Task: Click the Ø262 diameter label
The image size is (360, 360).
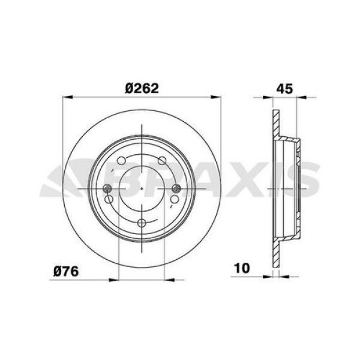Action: pos(142,88)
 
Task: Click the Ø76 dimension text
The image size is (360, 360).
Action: pos(66,271)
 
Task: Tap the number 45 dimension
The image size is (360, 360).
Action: pos(284,89)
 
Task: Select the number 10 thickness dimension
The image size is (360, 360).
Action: pos(242,268)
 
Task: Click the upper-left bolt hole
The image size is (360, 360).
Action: pos(121,161)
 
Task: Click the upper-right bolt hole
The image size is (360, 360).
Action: pos(162,161)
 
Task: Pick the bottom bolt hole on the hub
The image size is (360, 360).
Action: pos(142,223)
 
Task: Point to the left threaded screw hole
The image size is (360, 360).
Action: pos(107,188)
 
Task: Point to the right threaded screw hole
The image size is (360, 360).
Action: pos(176,188)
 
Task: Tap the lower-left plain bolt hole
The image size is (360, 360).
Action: pos(109,199)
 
